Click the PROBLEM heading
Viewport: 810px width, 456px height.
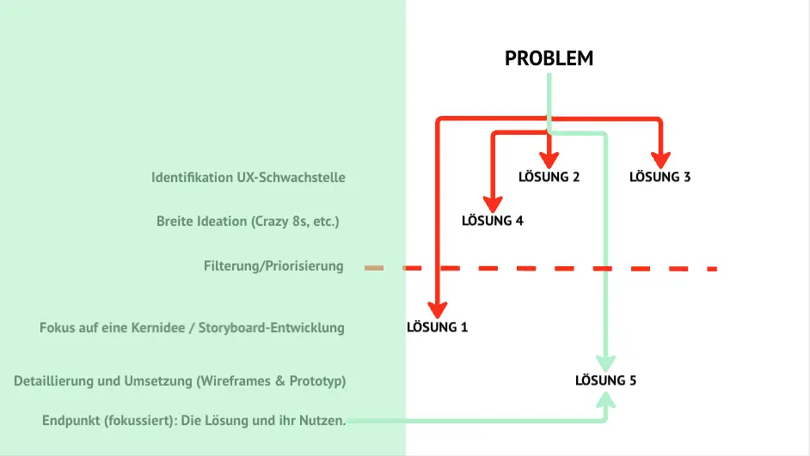click(549, 58)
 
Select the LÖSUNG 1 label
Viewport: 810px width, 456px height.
click(437, 326)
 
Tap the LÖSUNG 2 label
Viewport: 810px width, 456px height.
click(549, 177)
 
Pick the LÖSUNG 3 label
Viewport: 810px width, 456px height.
click(660, 177)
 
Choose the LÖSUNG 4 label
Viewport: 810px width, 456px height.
click(492, 220)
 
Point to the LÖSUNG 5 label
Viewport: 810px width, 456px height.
click(606, 379)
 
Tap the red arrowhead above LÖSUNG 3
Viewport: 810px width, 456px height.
click(660, 160)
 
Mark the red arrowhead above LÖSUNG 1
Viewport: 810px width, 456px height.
click(438, 309)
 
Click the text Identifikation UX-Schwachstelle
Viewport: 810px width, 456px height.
click(249, 178)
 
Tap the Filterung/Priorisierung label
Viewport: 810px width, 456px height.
click(273, 266)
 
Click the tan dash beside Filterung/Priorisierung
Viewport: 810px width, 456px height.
click(373, 268)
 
